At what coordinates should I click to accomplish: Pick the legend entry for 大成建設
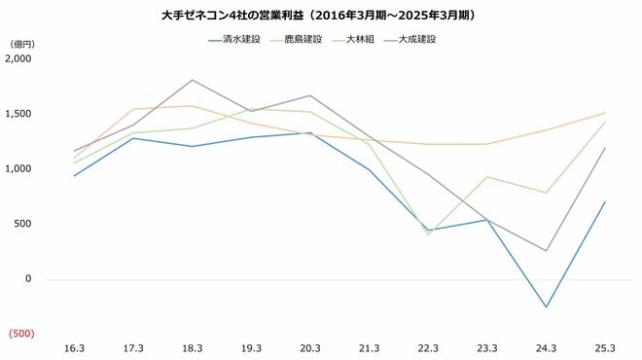[416, 40]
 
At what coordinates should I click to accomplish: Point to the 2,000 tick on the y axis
[18, 58]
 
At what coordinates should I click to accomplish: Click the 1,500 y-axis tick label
[18, 114]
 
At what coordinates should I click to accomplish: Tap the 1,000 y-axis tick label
[18, 168]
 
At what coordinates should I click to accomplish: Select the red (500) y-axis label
[20, 334]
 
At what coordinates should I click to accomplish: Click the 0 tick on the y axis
[28, 278]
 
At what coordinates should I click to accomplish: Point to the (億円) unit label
[21, 45]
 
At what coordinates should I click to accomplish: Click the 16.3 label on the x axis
[74, 347]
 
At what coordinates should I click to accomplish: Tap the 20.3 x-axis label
[310, 347]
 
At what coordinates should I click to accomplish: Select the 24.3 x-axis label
[547, 347]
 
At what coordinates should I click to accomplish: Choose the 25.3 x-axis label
[605, 347]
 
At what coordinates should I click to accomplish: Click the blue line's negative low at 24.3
[547, 307]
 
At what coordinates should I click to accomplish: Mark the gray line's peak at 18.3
[193, 80]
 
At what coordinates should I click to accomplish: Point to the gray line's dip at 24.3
[547, 251]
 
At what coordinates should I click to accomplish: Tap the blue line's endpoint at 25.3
[605, 201]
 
